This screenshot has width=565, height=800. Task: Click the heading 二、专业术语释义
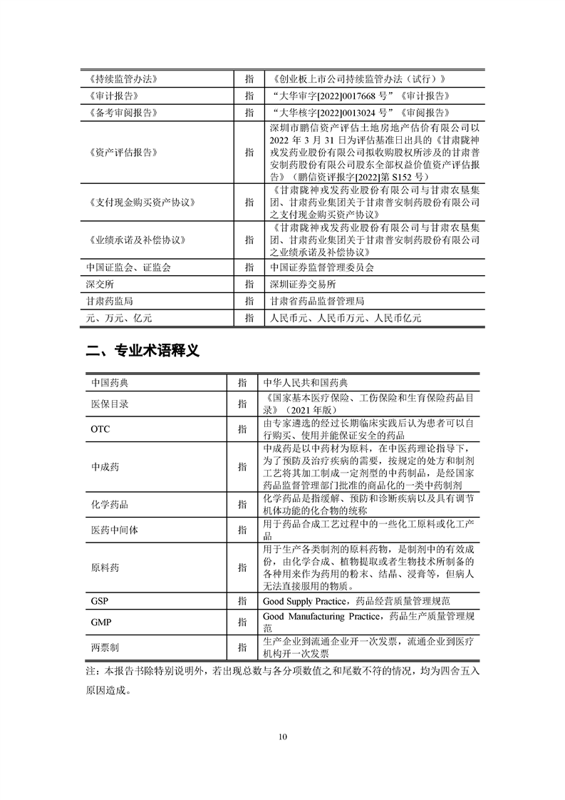pos(142,350)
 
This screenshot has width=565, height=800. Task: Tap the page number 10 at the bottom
pos(283,737)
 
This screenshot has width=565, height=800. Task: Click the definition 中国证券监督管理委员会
pos(322,267)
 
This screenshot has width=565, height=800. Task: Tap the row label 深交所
pos(100,284)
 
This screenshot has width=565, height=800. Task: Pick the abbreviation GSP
pos(100,601)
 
